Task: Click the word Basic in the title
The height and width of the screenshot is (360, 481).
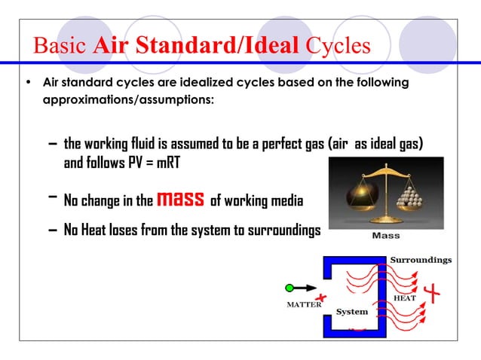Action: (x=62, y=46)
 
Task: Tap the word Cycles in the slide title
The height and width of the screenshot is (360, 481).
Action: (x=339, y=46)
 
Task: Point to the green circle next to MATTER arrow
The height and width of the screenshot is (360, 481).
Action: (x=290, y=287)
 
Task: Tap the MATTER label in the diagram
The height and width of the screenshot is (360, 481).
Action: (x=302, y=305)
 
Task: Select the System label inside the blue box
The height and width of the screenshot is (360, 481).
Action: (x=352, y=312)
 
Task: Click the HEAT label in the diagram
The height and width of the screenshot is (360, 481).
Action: (x=405, y=298)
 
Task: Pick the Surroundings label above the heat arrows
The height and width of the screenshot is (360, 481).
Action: (x=421, y=260)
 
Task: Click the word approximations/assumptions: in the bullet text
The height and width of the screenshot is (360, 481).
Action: (x=128, y=99)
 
